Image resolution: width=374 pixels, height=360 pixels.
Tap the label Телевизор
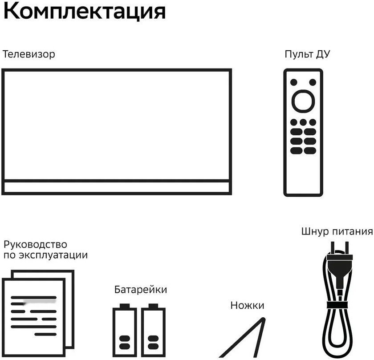29,55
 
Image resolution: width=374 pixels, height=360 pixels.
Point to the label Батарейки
141,290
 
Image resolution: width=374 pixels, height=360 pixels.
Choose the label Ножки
247,305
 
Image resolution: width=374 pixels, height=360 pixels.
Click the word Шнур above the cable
315,232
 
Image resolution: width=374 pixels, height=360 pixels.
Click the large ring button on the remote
303,101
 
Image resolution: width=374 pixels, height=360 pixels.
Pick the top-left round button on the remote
293,82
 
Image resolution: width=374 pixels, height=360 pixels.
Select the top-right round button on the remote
313,82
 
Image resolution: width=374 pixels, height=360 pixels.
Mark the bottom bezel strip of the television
116,187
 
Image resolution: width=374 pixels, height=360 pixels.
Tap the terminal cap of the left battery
124,306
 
